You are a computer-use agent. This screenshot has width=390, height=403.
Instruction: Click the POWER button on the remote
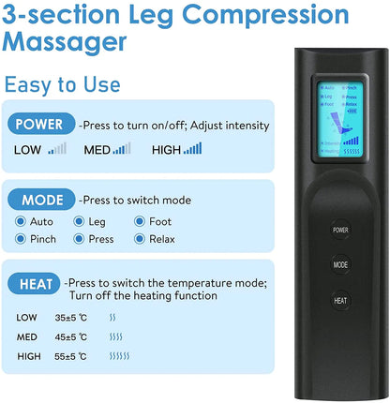point(339,228)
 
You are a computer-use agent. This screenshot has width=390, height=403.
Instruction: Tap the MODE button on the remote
point(339,264)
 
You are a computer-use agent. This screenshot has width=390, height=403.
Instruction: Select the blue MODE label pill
point(41,199)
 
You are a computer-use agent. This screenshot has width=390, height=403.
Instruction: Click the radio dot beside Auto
point(20,222)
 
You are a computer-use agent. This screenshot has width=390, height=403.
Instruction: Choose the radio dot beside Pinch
point(20,239)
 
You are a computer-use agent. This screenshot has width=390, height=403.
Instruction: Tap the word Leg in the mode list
point(97,222)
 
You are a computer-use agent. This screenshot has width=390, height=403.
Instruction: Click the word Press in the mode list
point(101,239)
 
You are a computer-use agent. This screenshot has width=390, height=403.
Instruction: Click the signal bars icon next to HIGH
point(192,148)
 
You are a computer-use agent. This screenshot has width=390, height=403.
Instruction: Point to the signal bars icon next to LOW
point(57,148)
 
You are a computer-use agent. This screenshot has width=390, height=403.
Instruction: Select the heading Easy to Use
point(61,84)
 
